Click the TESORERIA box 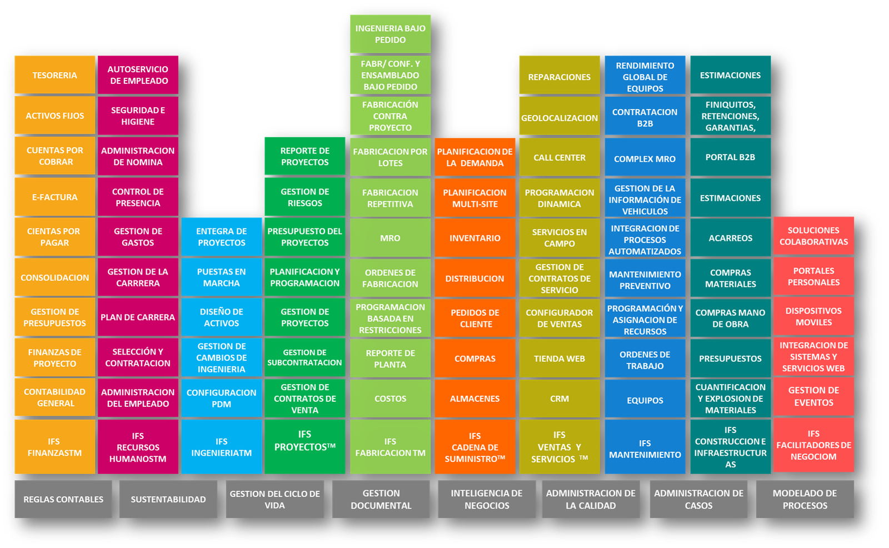[x=54, y=75]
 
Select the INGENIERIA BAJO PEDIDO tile [x=390, y=34]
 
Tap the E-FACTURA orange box [x=54, y=197]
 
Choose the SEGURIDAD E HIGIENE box [x=138, y=116]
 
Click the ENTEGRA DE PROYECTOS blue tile [x=221, y=237]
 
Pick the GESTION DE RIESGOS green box [x=304, y=197]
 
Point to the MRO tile [x=390, y=238]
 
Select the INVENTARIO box [x=475, y=238]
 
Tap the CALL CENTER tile [x=559, y=157]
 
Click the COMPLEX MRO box [x=645, y=158]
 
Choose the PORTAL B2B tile [x=730, y=157]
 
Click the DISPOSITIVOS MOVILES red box [x=813, y=316]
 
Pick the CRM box [x=559, y=398]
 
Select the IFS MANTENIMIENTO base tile [x=645, y=448]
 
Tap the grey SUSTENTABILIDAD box [x=168, y=499]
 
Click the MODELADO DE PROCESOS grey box [x=805, y=499]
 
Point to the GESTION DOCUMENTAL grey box [x=381, y=499]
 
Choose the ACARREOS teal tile [x=730, y=238]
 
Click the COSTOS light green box [x=390, y=398]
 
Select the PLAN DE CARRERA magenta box [x=138, y=317]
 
